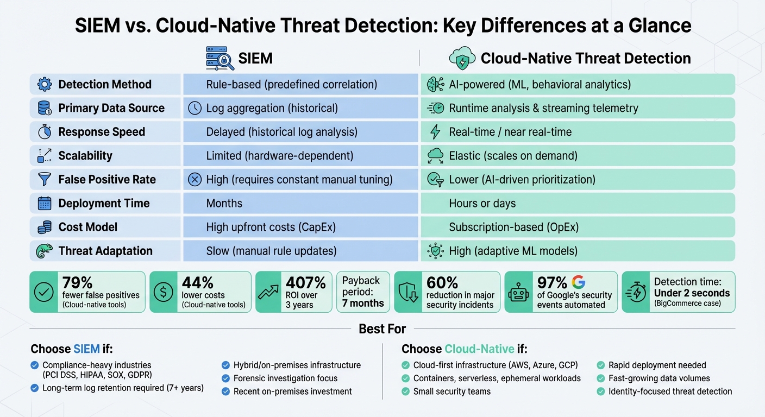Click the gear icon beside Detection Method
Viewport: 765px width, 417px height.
click(x=45, y=84)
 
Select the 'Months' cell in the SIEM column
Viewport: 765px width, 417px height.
click(x=224, y=203)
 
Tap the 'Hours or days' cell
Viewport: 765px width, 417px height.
click(x=482, y=203)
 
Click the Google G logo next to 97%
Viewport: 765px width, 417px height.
click(x=579, y=282)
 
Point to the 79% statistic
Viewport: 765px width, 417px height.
click(x=78, y=282)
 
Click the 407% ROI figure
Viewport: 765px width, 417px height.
click(x=305, y=282)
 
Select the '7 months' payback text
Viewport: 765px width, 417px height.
click(x=363, y=303)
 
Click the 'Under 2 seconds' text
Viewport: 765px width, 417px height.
click(x=692, y=293)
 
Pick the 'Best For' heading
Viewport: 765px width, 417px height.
click(x=382, y=328)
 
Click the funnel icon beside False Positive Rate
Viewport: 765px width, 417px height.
click(x=45, y=179)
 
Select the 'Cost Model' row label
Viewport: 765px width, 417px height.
click(x=87, y=227)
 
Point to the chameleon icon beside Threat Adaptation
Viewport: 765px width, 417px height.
click(x=45, y=251)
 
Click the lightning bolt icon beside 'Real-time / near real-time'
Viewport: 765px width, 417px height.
click(x=435, y=132)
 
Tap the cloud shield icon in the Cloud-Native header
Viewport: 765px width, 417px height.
click(x=462, y=59)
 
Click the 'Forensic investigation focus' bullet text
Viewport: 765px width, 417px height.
click(x=285, y=378)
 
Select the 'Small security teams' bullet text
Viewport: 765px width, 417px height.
click(x=452, y=391)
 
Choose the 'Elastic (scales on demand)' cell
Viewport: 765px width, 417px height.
click(x=513, y=156)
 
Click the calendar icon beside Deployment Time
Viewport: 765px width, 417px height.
click(x=45, y=203)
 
